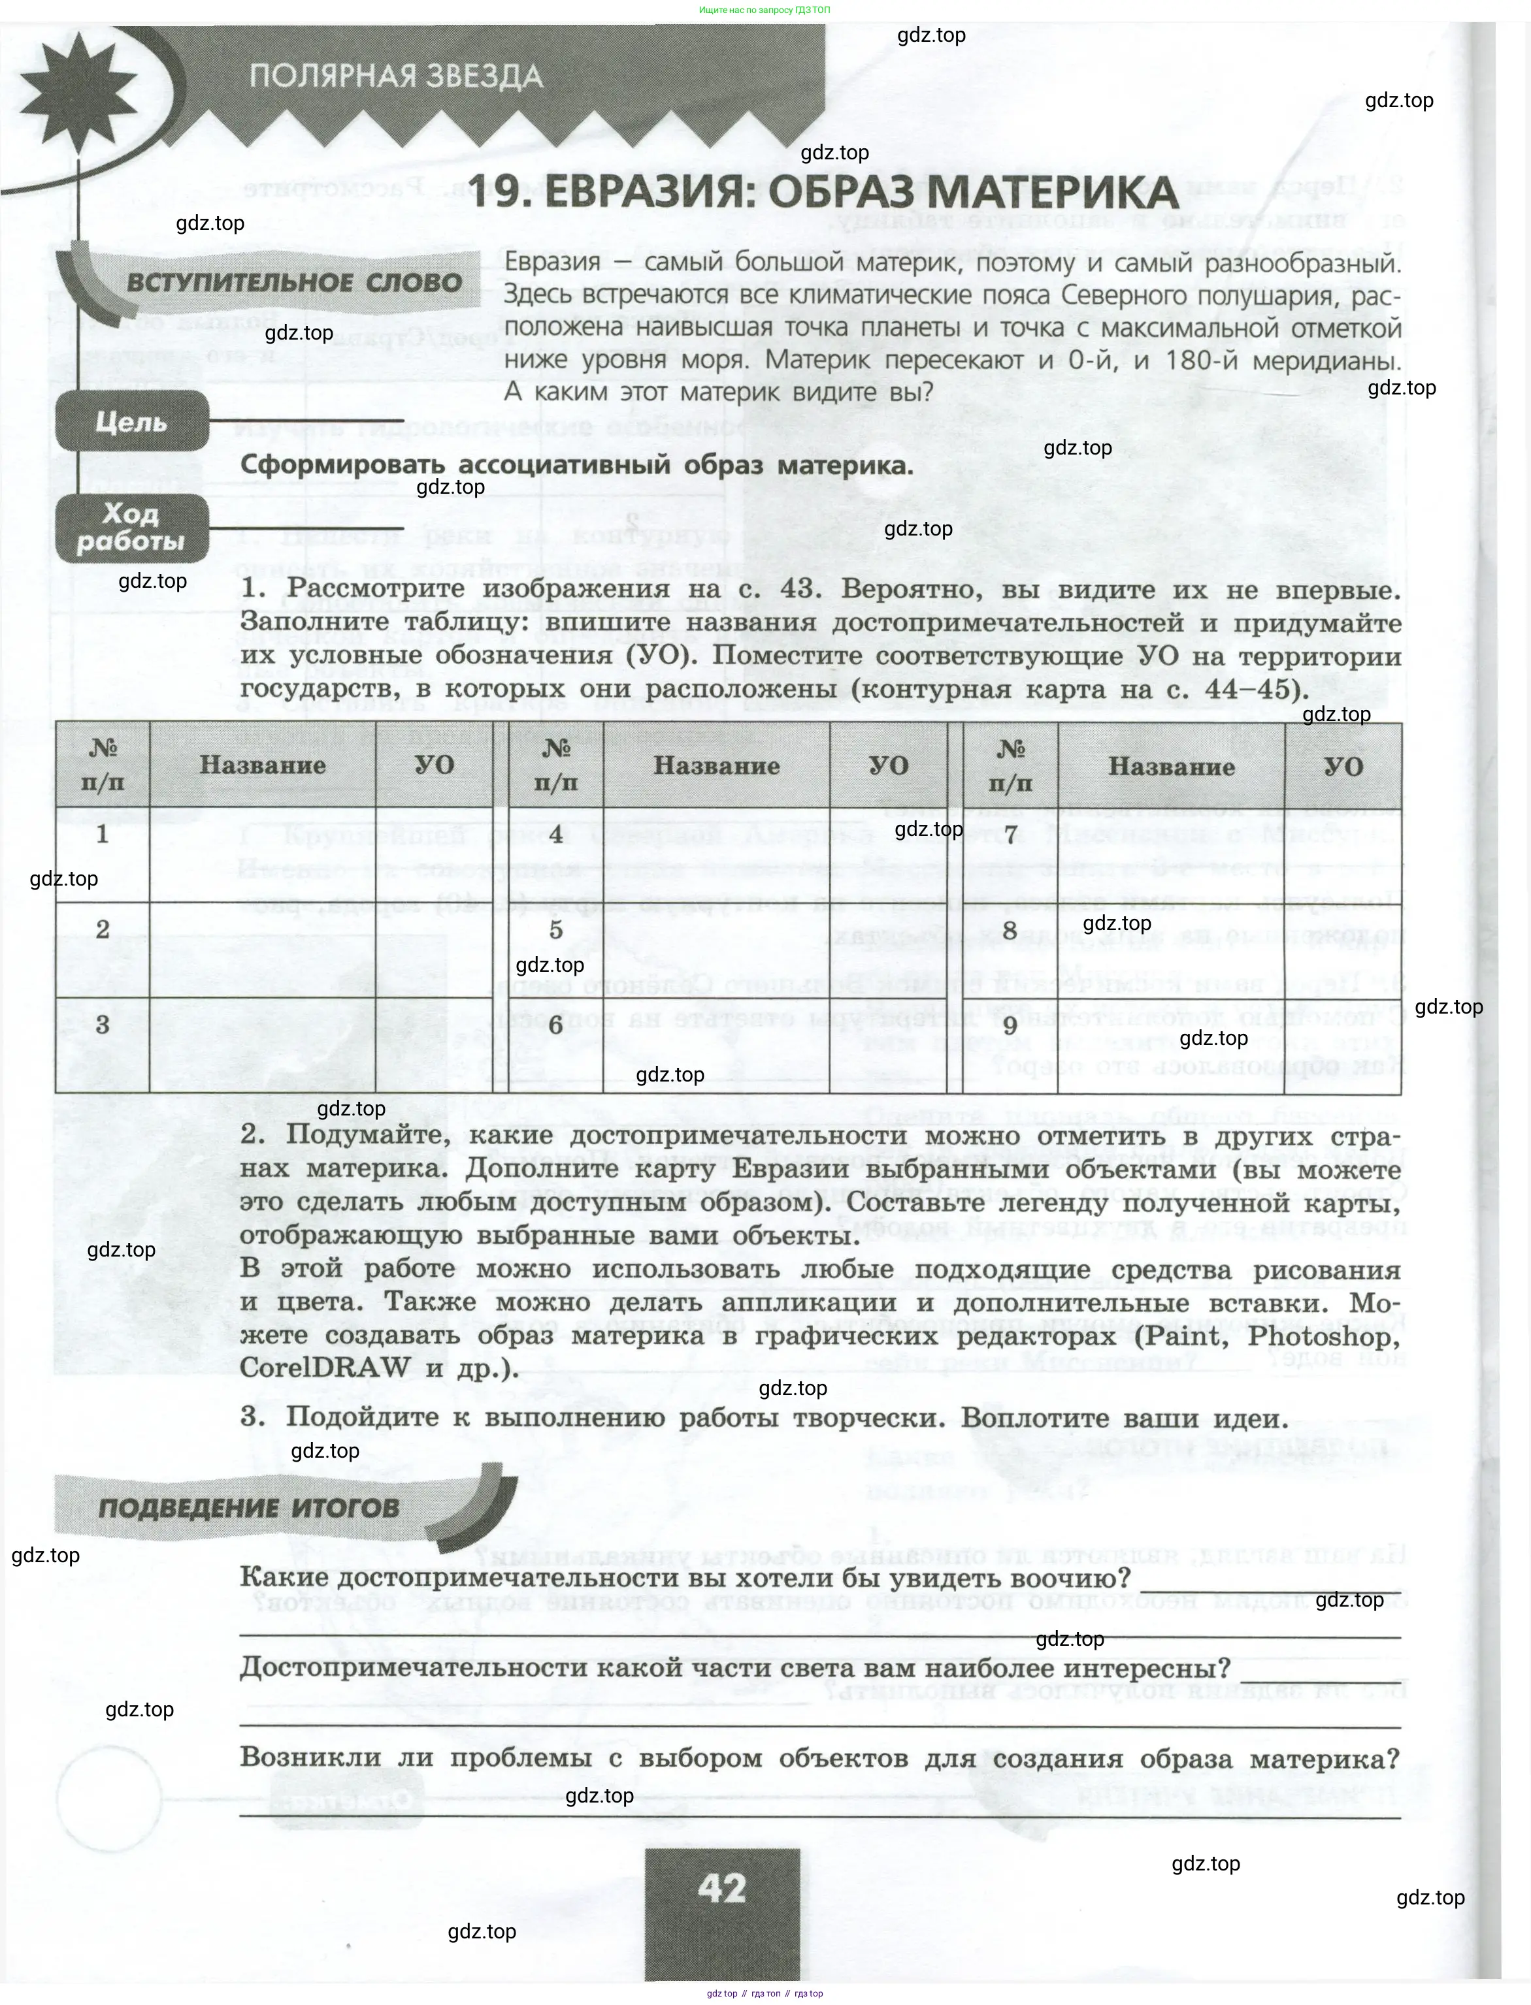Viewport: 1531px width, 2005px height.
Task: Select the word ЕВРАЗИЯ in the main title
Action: tap(638, 193)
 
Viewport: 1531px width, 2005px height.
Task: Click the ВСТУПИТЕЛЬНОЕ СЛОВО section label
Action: tap(293, 282)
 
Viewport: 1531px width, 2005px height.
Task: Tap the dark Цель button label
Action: tap(131, 422)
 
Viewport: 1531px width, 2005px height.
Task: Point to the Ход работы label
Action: tap(130, 528)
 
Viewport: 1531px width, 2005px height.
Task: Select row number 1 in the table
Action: tap(102, 833)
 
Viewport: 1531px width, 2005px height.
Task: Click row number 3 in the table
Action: tap(102, 1024)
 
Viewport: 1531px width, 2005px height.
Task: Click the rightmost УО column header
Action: tap(1342, 765)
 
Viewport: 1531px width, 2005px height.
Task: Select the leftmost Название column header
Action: tap(263, 765)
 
